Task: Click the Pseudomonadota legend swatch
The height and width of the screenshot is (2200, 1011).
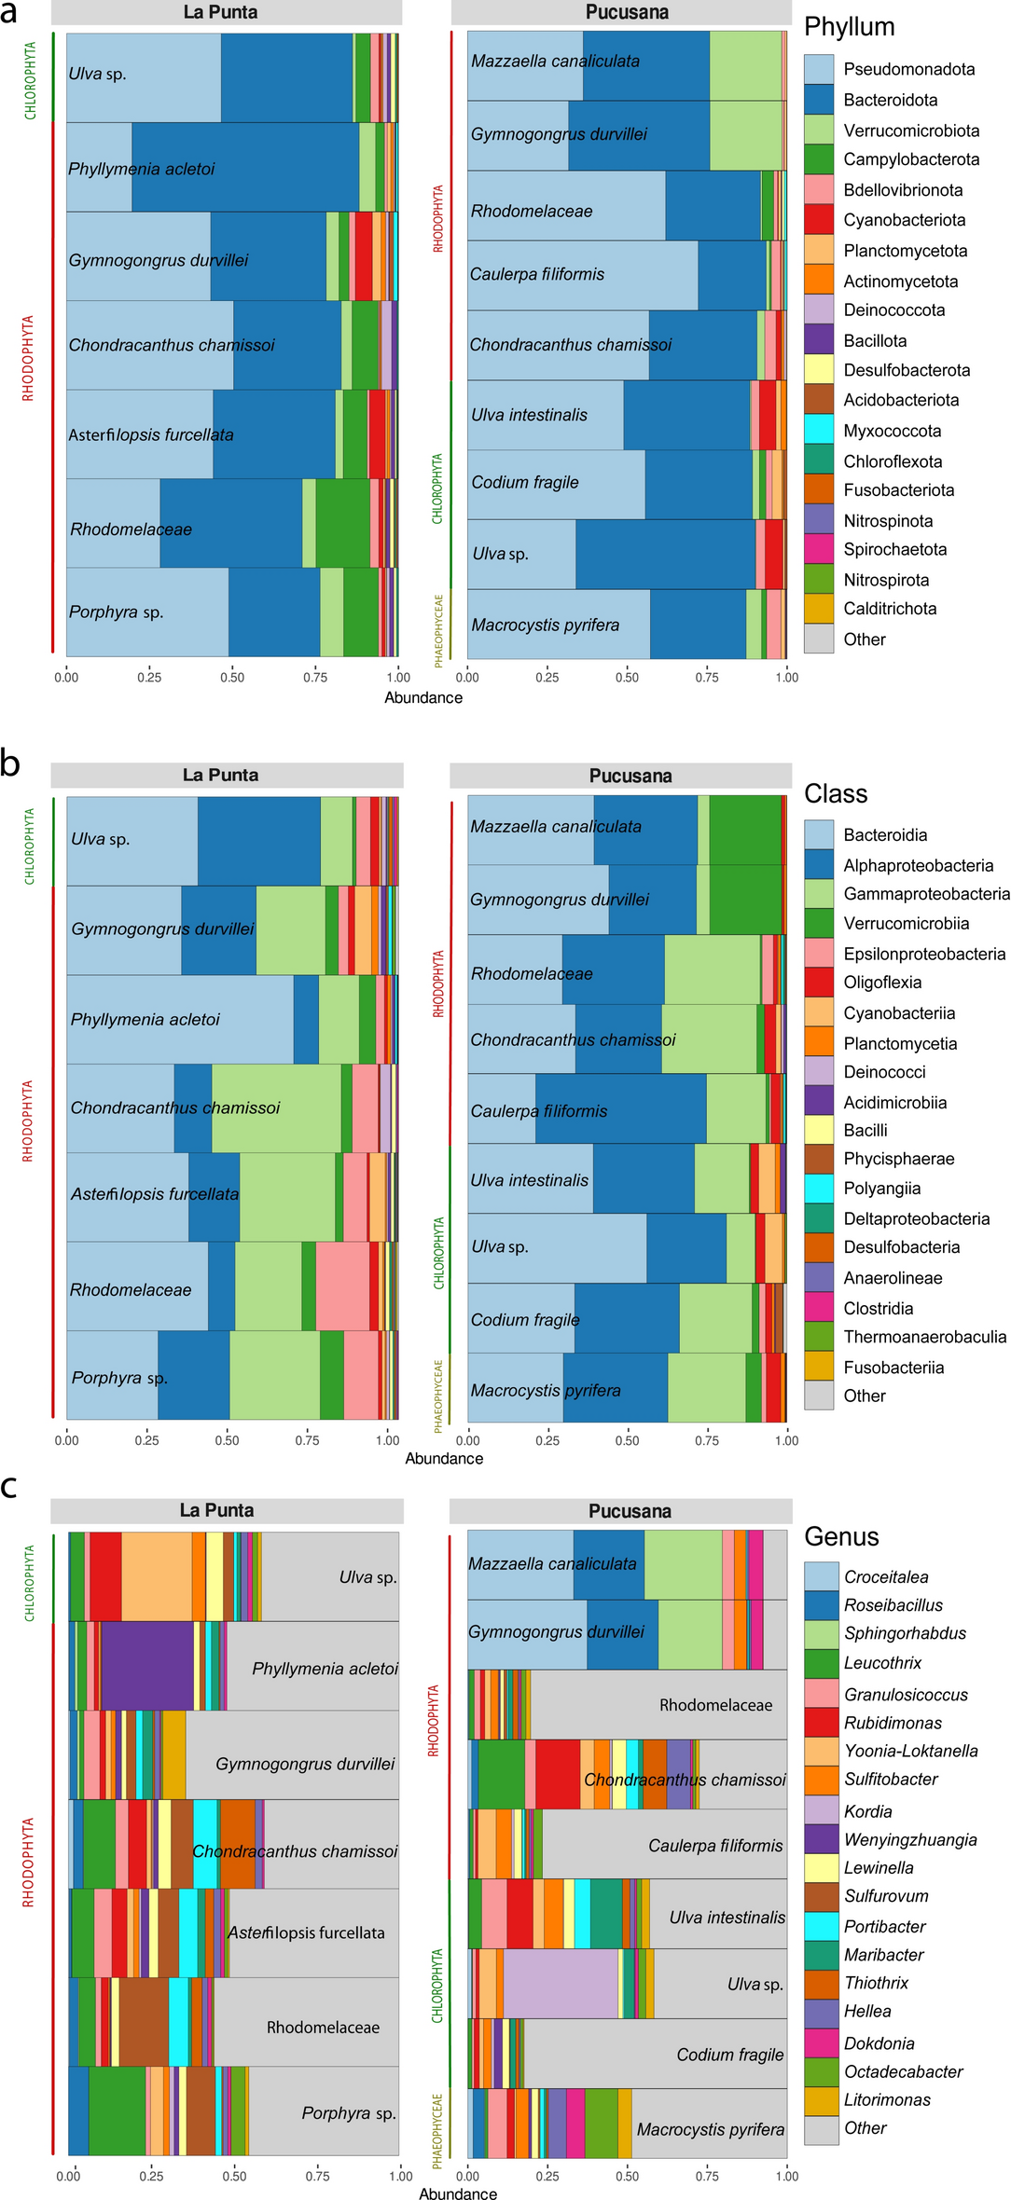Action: coord(818,69)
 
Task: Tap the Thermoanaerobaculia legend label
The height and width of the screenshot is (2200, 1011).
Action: coord(924,1337)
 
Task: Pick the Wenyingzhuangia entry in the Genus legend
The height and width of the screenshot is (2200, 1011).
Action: coord(909,1839)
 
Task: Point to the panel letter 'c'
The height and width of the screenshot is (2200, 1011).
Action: coord(9,1486)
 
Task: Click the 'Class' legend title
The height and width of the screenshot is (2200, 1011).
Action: coord(836,793)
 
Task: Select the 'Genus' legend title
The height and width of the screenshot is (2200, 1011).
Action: coord(841,1536)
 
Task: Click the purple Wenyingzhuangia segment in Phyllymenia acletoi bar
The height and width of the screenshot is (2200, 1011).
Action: coord(146,1665)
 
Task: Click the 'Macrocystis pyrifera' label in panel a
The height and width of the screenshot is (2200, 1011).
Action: coord(545,625)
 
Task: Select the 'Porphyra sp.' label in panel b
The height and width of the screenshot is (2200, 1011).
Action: coord(119,1377)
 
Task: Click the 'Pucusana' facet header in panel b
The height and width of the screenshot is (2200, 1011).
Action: coord(630,776)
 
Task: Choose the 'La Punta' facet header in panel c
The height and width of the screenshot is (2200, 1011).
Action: coord(216,1510)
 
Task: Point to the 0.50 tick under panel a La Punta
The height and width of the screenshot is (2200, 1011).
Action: coord(232,678)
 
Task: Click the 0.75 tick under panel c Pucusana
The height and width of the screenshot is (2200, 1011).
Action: coord(707,2176)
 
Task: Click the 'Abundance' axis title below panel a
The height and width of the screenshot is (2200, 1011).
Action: coord(423,697)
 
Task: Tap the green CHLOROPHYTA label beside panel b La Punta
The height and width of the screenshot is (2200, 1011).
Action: coord(29,846)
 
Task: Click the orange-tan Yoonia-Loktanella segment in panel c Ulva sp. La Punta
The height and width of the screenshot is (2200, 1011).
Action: coord(156,1576)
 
